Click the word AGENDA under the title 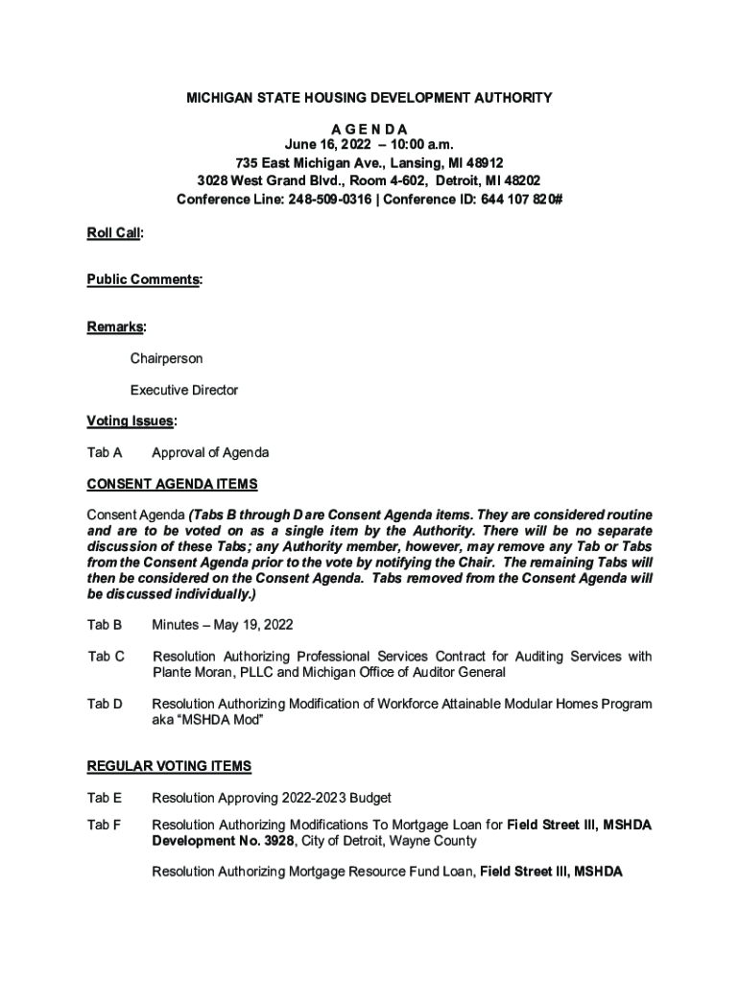pyautogui.click(x=369, y=129)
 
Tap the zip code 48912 pyautogui.click(x=482, y=163)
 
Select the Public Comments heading pyautogui.click(x=144, y=279)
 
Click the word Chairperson pyautogui.click(x=167, y=359)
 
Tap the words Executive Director pyautogui.click(x=184, y=391)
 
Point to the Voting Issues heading pyautogui.click(x=131, y=420)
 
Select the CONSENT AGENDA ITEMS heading pyautogui.click(x=172, y=484)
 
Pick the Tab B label pyautogui.click(x=105, y=625)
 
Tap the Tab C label pyautogui.click(x=106, y=657)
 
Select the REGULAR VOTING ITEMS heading pyautogui.click(x=169, y=766)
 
